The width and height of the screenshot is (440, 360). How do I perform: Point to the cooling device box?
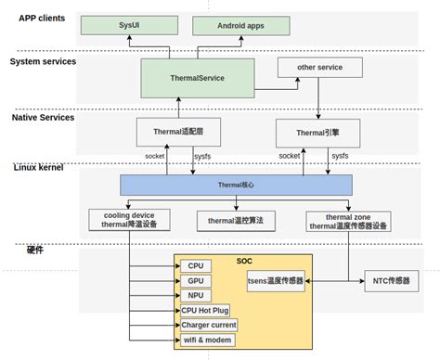point(128,220)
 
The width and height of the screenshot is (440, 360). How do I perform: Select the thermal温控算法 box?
point(236,220)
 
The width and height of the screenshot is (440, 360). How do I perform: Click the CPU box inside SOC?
point(195,265)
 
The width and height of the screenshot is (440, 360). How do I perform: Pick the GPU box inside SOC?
point(195,280)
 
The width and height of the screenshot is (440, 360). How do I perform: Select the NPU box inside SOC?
point(195,295)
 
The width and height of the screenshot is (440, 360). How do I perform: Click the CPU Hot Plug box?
point(204,310)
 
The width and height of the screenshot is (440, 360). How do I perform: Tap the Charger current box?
point(209,325)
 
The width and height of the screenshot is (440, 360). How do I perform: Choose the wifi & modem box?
point(206,340)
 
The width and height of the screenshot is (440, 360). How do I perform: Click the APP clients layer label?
point(42,18)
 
